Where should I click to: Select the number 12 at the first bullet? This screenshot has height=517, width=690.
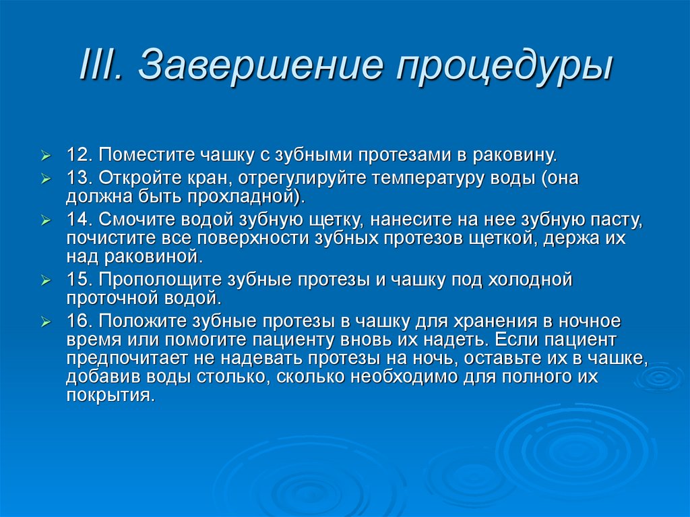(78, 156)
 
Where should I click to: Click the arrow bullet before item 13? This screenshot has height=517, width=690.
(45, 180)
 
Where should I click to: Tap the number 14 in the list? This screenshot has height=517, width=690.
(78, 220)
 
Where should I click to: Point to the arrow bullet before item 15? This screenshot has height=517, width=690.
(45, 280)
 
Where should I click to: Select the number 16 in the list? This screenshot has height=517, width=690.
(78, 320)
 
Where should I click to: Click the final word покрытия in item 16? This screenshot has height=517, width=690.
(110, 396)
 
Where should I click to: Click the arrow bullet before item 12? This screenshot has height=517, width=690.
(45, 156)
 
